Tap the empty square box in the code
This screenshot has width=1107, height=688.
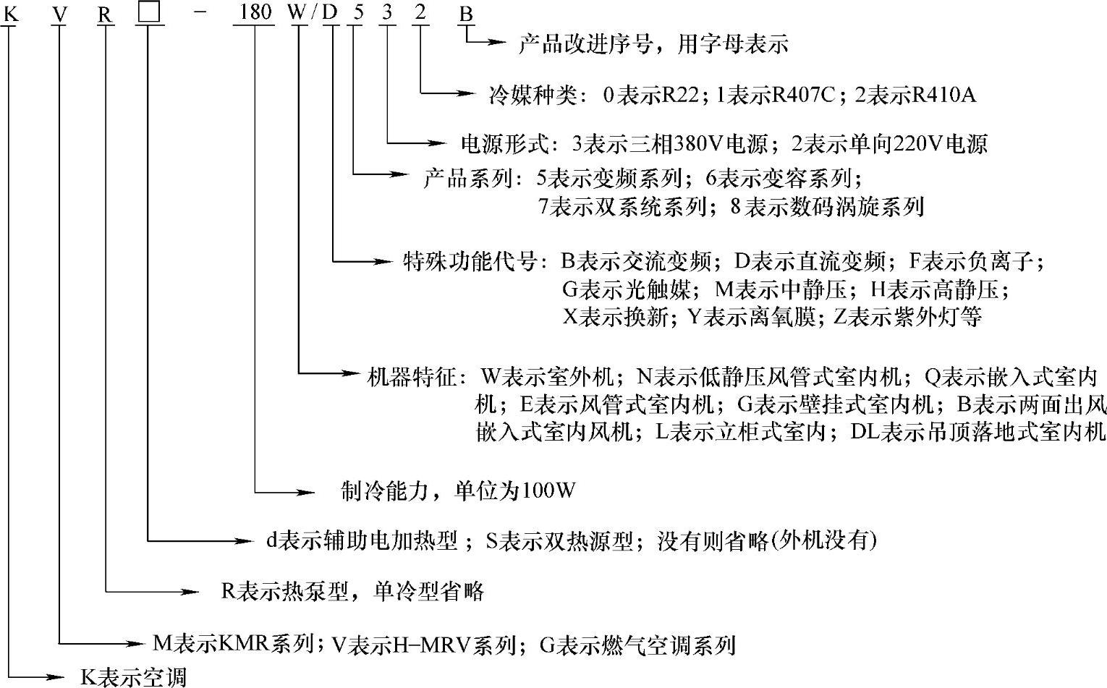click(148, 13)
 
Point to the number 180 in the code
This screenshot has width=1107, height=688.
click(253, 13)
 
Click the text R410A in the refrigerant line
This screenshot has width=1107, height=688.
click(945, 95)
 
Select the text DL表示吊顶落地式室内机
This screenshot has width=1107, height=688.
click(978, 433)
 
